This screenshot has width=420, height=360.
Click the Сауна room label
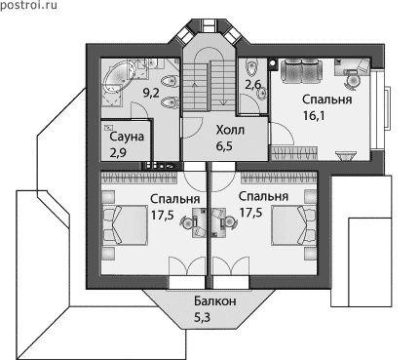(127, 137)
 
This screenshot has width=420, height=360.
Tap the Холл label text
(230, 131)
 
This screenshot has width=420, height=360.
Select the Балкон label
(215, 301)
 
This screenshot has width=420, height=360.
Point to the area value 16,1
(314, 116)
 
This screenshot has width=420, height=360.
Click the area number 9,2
(151, 94)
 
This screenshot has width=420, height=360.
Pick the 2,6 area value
(252, 85)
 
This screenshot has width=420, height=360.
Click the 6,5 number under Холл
(224, 146)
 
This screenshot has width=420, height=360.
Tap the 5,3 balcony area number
(202, 317)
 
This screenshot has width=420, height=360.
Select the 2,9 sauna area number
(118, 152)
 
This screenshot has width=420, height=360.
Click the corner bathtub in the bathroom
(119, 77)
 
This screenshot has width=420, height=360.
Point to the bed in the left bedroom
(125, 224)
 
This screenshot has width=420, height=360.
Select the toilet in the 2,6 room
(250, 67)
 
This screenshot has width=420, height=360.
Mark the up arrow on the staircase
(195, 94)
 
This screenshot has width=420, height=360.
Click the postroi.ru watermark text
(28, 5)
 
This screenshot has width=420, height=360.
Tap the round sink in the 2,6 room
(261, 94)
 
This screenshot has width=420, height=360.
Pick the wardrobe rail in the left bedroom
(139, 178)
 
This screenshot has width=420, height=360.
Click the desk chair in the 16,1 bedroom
(352, 80)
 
